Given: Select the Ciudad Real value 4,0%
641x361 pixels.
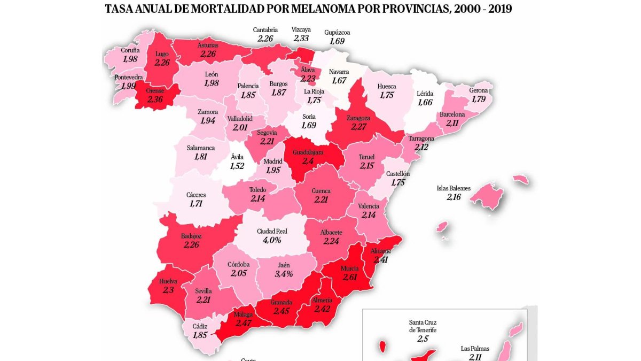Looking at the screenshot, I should [272, 240].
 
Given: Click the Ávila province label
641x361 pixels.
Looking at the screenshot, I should [237, 157].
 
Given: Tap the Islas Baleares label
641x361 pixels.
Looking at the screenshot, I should [454, 188].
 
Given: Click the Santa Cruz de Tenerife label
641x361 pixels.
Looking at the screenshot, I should [423, 326].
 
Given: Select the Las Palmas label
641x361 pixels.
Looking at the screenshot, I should [475, 349].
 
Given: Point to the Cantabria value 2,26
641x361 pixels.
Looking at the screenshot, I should [265, 39].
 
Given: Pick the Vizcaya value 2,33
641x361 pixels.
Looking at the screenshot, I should [301, 39].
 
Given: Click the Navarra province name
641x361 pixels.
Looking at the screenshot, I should [339, 71].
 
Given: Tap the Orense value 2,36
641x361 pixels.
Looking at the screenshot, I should [154, 99].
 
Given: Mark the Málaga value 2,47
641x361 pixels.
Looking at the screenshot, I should [244, 322].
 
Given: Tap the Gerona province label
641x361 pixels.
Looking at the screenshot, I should [478, 90].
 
